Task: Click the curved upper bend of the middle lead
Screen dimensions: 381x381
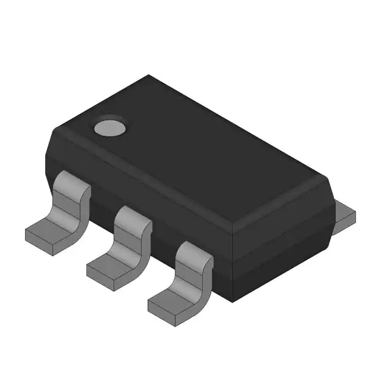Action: [132, 218]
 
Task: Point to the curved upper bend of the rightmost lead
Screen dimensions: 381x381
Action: [193, 252]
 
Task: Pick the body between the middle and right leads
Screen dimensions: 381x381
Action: [162, 238]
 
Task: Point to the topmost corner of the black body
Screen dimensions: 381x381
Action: [149, 76]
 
